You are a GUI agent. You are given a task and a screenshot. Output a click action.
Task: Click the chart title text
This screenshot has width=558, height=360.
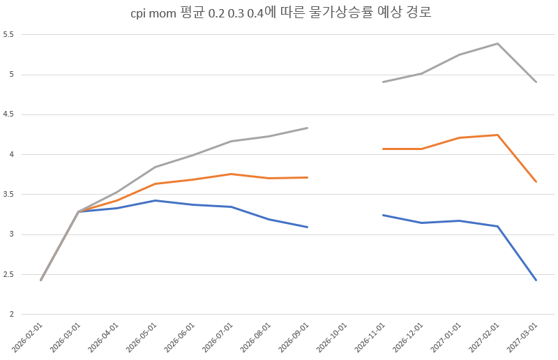[x=281, y=13]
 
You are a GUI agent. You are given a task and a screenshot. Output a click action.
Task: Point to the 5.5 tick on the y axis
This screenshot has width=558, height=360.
[x=8, y=35]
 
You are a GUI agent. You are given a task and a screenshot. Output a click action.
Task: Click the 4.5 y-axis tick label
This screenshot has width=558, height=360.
[x=8, y=114]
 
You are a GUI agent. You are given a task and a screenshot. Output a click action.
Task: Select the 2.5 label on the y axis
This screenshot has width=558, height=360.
[x=8, y=275]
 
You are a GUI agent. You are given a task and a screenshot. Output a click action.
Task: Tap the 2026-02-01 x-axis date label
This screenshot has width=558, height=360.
[x=27, y=338]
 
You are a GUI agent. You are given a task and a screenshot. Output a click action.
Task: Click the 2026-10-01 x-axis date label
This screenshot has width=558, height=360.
[x=332, y=338]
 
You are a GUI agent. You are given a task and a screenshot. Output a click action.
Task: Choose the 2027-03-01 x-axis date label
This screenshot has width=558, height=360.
[x=522, y=338]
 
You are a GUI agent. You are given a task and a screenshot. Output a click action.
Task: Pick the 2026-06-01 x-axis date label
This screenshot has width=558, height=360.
[x=179, y=338]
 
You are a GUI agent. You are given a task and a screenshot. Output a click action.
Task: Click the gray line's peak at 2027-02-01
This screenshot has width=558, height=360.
[x=497, y=43]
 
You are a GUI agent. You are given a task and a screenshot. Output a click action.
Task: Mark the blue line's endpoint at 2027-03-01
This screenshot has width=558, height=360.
[x=536, y=280]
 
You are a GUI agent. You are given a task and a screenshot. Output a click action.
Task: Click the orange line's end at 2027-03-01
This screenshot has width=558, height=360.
[x=536, y=182]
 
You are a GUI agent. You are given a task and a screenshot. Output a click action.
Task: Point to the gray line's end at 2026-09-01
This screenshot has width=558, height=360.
[x=307, y=128]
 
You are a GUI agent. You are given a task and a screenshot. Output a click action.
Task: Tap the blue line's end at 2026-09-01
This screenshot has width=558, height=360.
[x=307, y=227]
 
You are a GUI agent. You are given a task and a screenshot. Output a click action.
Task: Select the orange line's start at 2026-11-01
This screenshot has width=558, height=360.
[x=383, y=149]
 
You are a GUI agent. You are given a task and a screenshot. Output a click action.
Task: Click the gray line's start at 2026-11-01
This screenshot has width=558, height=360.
[x=383, y=82]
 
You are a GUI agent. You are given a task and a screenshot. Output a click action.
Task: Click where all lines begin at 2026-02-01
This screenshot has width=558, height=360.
[x=41, y=280]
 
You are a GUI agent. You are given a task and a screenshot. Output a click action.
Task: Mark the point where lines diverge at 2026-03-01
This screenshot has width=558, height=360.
[x=78, y=212]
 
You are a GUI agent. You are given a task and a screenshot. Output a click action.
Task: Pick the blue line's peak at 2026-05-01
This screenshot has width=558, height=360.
[x=155, y=200]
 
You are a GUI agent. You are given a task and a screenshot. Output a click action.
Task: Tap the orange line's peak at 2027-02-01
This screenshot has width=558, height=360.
[x=497, y=135]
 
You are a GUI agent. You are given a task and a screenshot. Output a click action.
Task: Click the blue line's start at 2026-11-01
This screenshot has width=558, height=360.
[x=383, y=215]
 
